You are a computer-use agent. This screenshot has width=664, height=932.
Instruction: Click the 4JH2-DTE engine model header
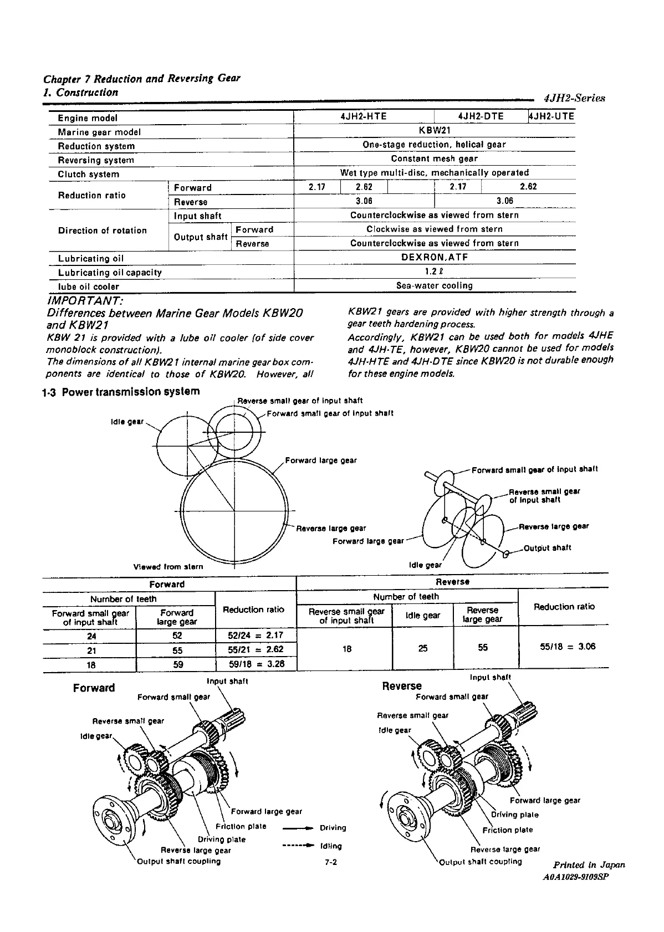(x=481, y=116)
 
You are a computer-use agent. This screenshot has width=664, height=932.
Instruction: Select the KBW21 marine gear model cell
(x=434, y=131)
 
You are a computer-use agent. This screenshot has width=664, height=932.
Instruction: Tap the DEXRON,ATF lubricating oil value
(x=434, y=258)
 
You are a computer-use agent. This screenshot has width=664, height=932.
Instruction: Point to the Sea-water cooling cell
(x=434, y=286)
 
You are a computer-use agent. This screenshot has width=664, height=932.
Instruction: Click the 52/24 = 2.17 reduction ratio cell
(x=256, y=636)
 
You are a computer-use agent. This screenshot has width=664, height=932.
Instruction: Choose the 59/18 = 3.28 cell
(x=256, y=664)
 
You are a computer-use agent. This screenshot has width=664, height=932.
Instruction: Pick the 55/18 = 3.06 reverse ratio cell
(x=564, y=646)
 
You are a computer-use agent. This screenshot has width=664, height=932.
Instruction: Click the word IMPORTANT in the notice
(x=85, y=301)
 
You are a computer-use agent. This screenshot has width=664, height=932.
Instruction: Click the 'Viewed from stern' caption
(x=168, y=566)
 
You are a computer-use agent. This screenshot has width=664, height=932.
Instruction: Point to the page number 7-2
(x=331, y=862)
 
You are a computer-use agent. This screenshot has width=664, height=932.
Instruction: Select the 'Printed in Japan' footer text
(x=589, y=864)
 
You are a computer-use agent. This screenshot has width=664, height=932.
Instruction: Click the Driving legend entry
(x=333, y=828)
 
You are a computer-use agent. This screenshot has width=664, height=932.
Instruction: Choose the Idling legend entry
(x=331, y=846)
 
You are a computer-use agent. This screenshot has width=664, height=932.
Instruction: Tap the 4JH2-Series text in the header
(x=574, y=98)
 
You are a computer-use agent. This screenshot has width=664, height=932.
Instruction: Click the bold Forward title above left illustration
(x=94, y=688)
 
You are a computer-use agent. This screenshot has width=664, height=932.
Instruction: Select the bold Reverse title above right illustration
(x=402, y=686)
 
